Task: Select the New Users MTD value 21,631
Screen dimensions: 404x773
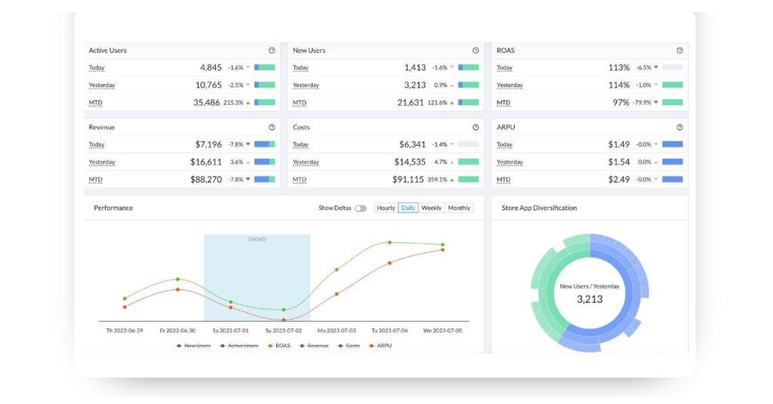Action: pos(410,103)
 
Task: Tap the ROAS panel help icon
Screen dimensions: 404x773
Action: pos(679,51)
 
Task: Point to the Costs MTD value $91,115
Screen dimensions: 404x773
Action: pos(410,180)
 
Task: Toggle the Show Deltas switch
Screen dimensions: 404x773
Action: pos(360,208)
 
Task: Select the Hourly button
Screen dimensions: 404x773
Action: pos(386,208)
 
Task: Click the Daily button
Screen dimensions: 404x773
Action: pos(408,208)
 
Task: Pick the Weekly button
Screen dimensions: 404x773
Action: pos(432,208)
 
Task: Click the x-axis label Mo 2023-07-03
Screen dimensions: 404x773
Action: pos(336,331)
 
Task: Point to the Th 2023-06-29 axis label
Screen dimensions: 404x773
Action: pos(125,331)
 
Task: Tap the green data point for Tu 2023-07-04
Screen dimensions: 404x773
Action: pos(390,242)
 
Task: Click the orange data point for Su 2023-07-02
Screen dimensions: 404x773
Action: pos(284,319)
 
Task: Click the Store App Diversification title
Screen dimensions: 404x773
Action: pos(539,208)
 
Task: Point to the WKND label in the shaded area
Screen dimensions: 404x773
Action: pos(257,239)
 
